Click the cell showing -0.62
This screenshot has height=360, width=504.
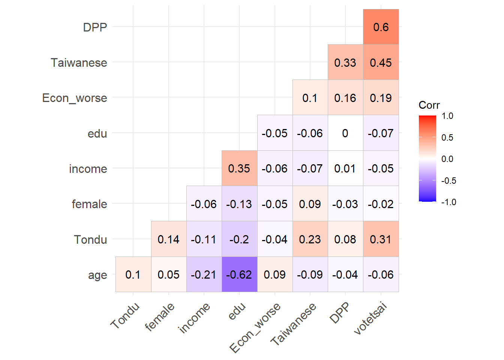click(x=239, y=274)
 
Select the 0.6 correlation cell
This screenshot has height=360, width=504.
click(x=381, y=27)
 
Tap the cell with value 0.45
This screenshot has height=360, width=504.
click(x=381, y=62)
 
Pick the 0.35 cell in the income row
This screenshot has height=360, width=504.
click(x=239, y=168)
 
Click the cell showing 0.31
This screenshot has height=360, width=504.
click(x=381, y=239)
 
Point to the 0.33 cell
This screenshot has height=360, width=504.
click(x=345, y=62)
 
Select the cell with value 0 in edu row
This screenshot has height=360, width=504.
click(x=345, y=133)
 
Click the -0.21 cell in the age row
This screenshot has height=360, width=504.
click(x=204, y=274)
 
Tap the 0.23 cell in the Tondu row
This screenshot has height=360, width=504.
click(x=310, y=239)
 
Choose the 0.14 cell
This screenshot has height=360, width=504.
click(x=169, y=239)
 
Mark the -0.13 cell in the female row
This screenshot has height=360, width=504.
click(x=239, y=204)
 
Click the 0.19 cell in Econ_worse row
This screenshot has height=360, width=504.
click(x=381, y=97)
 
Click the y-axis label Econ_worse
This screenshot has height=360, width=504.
click(x=75, y=98)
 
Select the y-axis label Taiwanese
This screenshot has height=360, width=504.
click(x=79, y=63)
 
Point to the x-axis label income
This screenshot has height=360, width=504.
click(x=194, y=318)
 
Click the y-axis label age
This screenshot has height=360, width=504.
click(x=97, y=275)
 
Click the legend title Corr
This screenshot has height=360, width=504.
click(x=429, y=105)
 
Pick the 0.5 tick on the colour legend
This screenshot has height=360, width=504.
click(x=447, y=138)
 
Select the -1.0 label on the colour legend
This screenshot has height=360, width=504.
click(x=448, y=202)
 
